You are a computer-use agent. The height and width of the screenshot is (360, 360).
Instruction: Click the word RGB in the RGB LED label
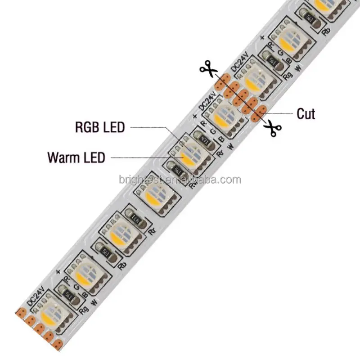(89, 127)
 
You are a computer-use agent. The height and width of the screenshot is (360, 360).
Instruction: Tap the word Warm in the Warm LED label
(63, 158)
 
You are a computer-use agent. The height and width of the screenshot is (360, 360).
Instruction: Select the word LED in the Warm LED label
(93, 158)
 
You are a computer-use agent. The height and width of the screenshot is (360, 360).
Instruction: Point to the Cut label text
(306, 114)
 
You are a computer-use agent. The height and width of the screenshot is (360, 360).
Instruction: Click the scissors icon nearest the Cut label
(272, 128)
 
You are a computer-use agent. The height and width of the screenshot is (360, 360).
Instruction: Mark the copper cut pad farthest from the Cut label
(221, 81)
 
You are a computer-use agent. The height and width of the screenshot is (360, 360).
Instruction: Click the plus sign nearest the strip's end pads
(58, 272)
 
